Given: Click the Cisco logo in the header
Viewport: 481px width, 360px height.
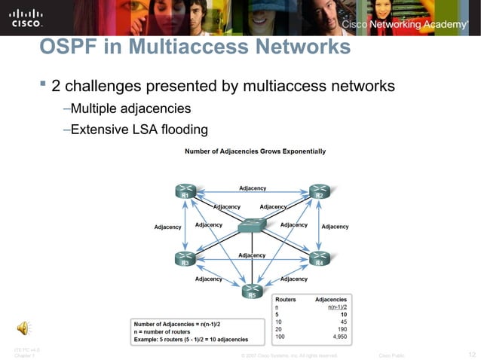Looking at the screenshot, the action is pos(26,17).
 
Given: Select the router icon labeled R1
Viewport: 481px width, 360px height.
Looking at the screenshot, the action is pos(185,191).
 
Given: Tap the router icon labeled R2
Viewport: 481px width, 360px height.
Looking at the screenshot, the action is pos(319,191).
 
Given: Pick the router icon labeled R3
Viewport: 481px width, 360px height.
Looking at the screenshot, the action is pos(185,258).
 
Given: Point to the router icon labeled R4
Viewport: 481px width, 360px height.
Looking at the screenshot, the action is pos(319,258).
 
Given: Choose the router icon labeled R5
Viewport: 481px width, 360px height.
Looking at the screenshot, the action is pos(252,289).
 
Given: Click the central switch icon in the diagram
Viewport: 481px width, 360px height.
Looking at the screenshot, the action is pos(252,225).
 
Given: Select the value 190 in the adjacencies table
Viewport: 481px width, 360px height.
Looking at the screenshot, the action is pos(339,329).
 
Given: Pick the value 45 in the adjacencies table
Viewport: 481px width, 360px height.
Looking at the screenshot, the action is pos(342,322).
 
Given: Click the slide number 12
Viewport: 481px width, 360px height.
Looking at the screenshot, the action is pos(471,354).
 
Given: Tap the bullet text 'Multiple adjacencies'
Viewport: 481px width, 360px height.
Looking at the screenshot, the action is pos(126,108).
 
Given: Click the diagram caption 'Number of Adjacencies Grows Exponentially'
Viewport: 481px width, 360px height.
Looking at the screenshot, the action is pos(255,151).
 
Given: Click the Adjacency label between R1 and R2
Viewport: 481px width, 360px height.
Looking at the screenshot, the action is pos(252,188).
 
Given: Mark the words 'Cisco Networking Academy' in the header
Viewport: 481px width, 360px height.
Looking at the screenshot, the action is pos(405,25).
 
